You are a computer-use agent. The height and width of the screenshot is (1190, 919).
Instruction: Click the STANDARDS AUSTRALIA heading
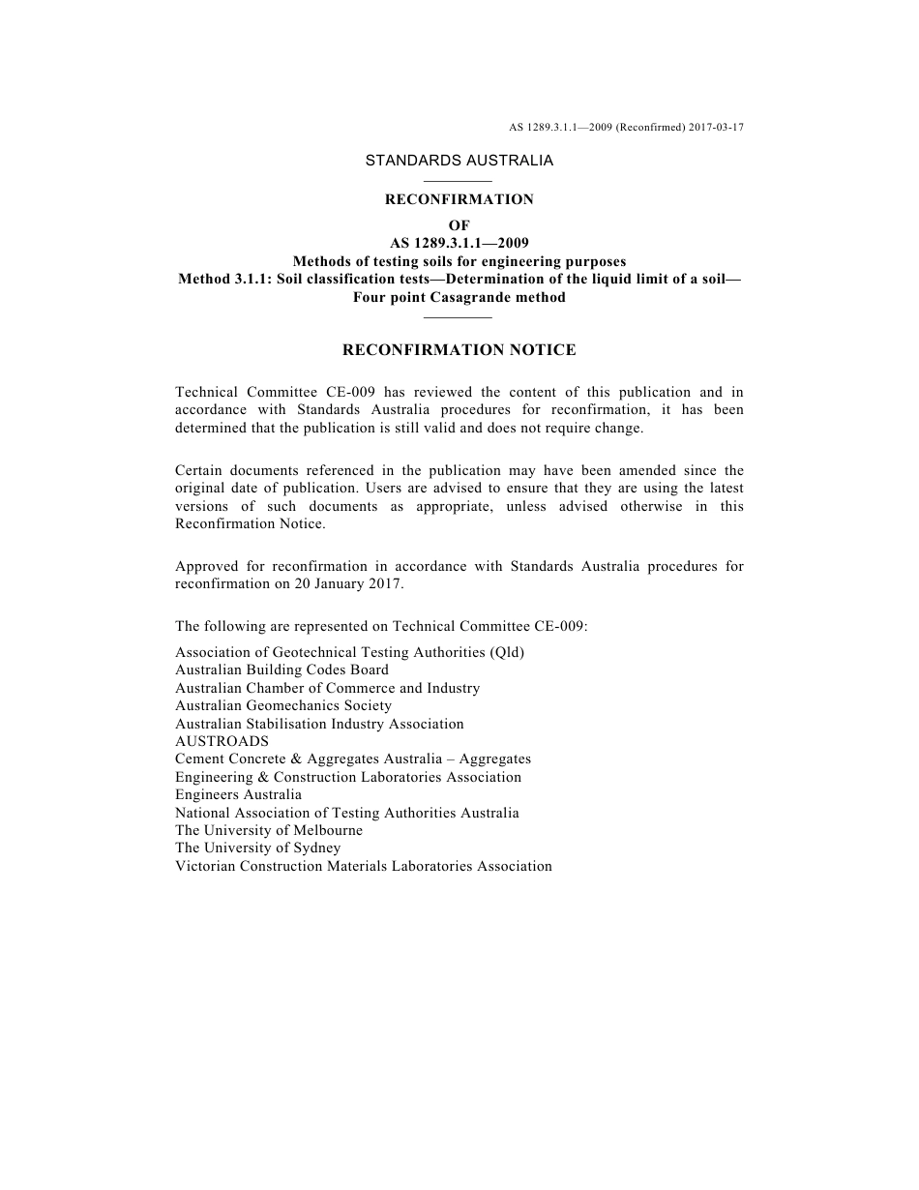[x=459, y=161]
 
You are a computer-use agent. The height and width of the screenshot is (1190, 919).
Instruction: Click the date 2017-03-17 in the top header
[x=717, y=127]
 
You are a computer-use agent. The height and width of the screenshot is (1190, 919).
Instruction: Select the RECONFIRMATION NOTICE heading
[x=459, y=350]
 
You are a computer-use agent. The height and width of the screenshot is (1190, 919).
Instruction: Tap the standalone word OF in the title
[x=459, y=225]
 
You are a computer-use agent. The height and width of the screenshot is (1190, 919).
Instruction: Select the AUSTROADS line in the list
[x=222, y=741]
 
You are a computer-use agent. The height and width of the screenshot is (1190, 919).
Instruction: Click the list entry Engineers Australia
[x=238, y=794]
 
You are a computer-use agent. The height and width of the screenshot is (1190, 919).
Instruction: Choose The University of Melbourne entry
[x=269, y=830]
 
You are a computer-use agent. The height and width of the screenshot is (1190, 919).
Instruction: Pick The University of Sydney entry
[x=257, y=848]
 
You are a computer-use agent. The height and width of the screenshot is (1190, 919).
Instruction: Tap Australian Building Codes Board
[x=282, y=669]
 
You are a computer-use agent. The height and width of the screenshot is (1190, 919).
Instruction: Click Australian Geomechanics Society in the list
[x=283, y=705]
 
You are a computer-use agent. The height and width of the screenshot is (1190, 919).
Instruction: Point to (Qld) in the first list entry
[x=508, y=652]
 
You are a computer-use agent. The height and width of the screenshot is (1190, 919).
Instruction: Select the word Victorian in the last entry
[x=204, y=866]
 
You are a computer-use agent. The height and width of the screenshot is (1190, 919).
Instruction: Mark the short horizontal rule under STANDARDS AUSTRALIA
[x=459, y=181]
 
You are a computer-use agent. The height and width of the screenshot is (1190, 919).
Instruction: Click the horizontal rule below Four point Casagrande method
[x=459, y=317]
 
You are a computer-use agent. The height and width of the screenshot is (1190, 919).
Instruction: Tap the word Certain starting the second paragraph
[x=200, y=471]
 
